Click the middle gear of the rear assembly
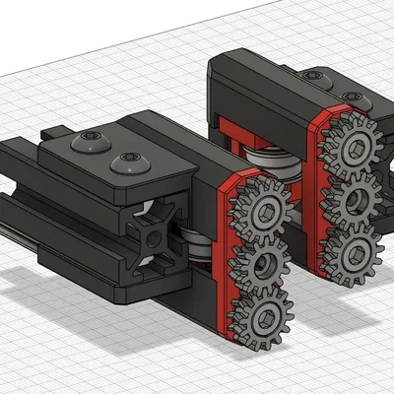(x=352, y=197)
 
